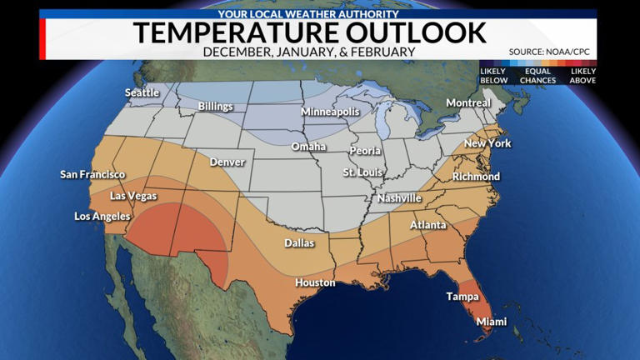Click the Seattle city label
[x=142, y=92]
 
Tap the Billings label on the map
[x=216, y=107]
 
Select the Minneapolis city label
[x=330, y=112]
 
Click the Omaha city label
[x=308, y=147]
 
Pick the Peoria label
[x=365, y=151]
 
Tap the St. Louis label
[x=363, y=172]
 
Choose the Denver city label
[x=227, y=162]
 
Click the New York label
[x=487, y=143]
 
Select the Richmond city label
[x=476, y=177]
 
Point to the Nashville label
[x=399, y=198]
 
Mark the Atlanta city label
[x=427, y=226]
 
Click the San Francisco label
[x=92, y=175]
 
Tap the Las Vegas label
[x=133, y=197]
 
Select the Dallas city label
[x=299, y=243]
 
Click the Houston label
[x=315, y=282]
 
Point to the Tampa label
[x=462, y=297]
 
